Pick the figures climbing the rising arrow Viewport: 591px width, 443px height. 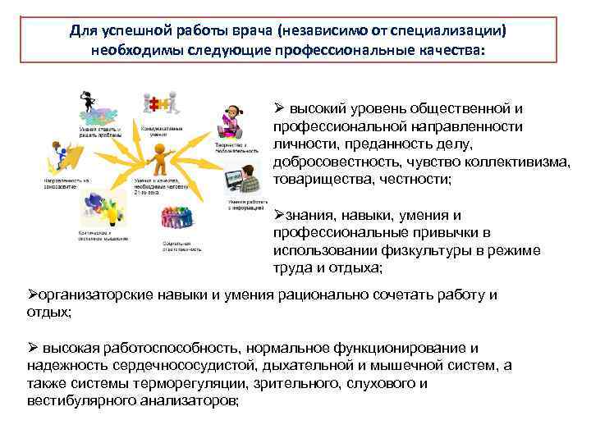(66, 157)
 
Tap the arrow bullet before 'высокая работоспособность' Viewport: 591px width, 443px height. (34, 348)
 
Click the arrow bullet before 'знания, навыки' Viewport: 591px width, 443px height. (277, 216)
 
